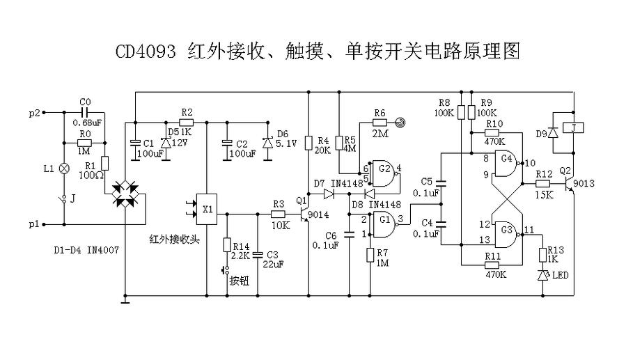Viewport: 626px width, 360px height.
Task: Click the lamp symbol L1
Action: (64, 169)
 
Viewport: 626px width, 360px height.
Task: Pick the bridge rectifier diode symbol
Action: (125, 193)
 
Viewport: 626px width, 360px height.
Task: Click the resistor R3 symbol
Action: (278, 215)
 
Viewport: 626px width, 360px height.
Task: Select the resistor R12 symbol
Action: (544, 184)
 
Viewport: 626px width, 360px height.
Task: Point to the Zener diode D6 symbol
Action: (267, 142)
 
